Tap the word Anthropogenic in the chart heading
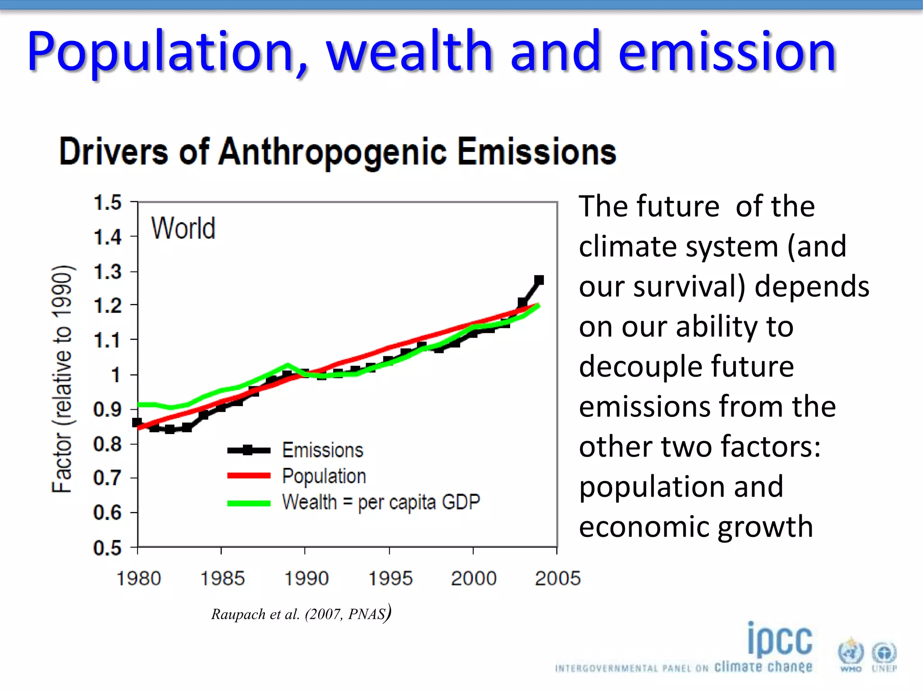click(x=333, y=152)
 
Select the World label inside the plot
click(x=183, y=228)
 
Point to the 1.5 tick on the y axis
click(x=107, y=203)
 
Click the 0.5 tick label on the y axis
click(x=107, y=548)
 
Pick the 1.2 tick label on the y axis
click(x=107, y=306)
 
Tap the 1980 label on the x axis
click(x=138, y=578)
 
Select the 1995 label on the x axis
click(x=390, y=578)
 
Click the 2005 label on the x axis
click(x=557, y=578)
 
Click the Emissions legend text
click(x=323, y=450)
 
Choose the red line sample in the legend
click(x=249, y=476)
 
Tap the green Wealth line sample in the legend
click(x=249, y=503)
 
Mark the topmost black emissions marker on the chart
click(x=539, y=280)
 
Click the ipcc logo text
click(x=780, y=640)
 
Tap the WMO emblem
click(x=850, y=653)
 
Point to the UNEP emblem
click(x=884, y=654)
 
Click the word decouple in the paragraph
click(x=638, y=366)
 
